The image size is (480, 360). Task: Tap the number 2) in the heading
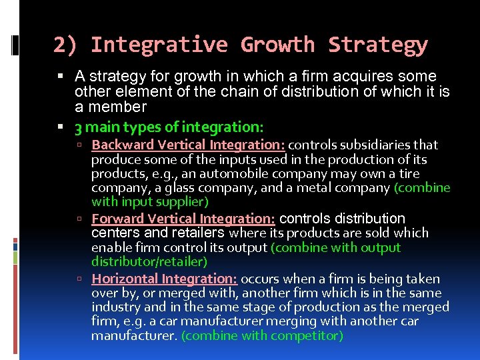point(65,45)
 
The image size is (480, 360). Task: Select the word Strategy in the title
point(377,45)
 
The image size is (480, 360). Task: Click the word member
point(120,107)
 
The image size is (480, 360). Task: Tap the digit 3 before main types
point(79,127)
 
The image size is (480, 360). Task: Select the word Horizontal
point(123,279)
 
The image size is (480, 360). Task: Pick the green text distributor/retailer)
point(149,262)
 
